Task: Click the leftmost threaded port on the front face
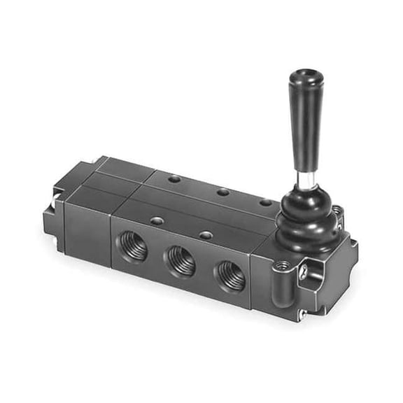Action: coord(133,248)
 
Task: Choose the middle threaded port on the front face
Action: coord(181,261)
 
